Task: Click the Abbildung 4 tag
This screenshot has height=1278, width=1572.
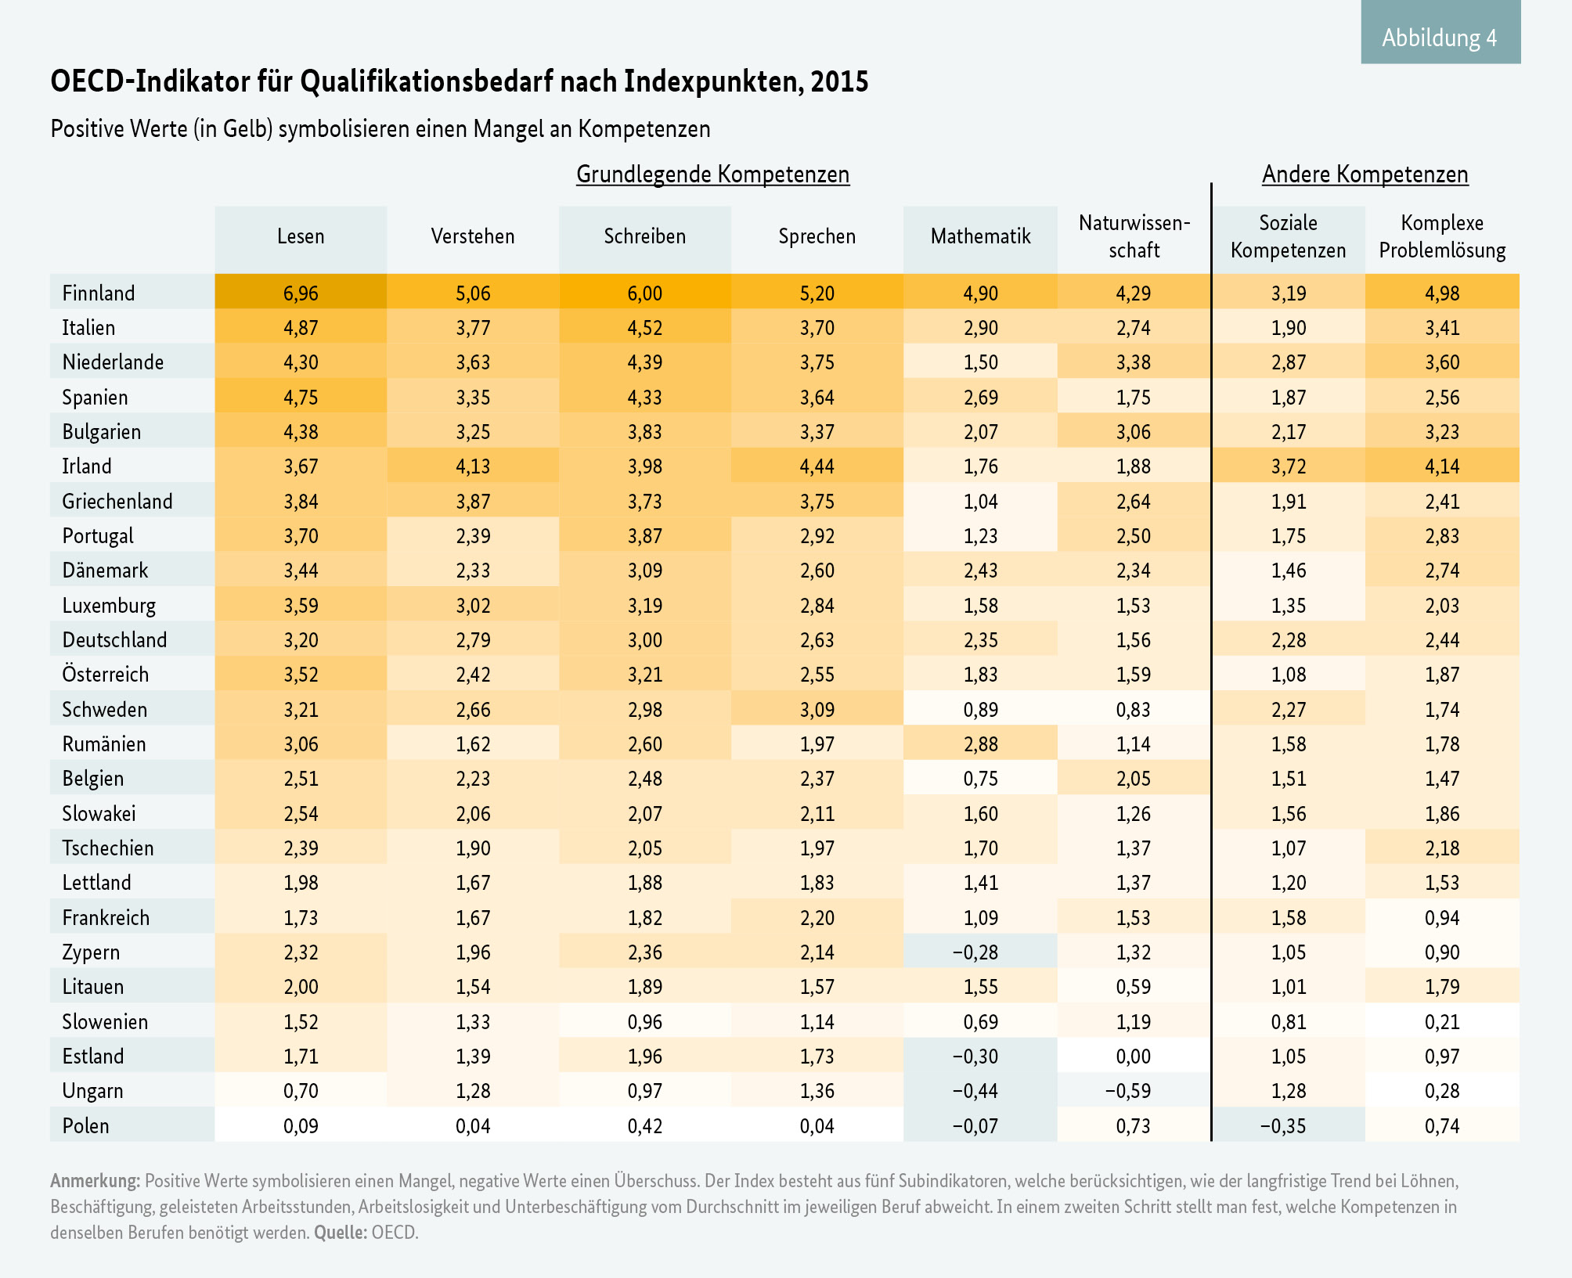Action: (1440, 38)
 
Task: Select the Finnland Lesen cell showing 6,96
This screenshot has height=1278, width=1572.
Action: (301, 293)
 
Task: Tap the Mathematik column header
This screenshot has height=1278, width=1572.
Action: (980, 236)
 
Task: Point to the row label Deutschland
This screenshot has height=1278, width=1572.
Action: (114, 640)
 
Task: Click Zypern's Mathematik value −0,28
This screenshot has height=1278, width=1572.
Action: (975, 952)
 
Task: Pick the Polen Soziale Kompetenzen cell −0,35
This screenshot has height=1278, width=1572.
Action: (1284, 1126)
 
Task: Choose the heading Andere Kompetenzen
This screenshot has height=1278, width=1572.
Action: (1365, 175)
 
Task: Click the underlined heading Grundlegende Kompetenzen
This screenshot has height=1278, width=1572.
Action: (712, 175)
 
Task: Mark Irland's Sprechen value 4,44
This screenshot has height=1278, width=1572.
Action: (817, 466)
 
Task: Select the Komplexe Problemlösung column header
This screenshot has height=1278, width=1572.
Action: (1442, 236)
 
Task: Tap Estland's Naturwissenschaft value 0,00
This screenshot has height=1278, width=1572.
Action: (1134, 1057)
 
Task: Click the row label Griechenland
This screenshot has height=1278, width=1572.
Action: (117, 502)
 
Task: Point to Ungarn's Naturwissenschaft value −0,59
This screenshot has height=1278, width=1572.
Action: (1128, 1091)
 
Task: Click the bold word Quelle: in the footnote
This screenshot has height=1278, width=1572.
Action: (341, 1233)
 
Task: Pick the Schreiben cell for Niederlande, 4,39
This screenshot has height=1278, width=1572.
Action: (645, 362)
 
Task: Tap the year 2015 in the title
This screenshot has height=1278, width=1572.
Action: (839, 82)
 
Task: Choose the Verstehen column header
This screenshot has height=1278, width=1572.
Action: (473, 236)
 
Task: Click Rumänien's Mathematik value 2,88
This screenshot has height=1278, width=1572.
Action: (980, 744)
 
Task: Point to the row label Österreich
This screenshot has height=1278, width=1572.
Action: (105, 675)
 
